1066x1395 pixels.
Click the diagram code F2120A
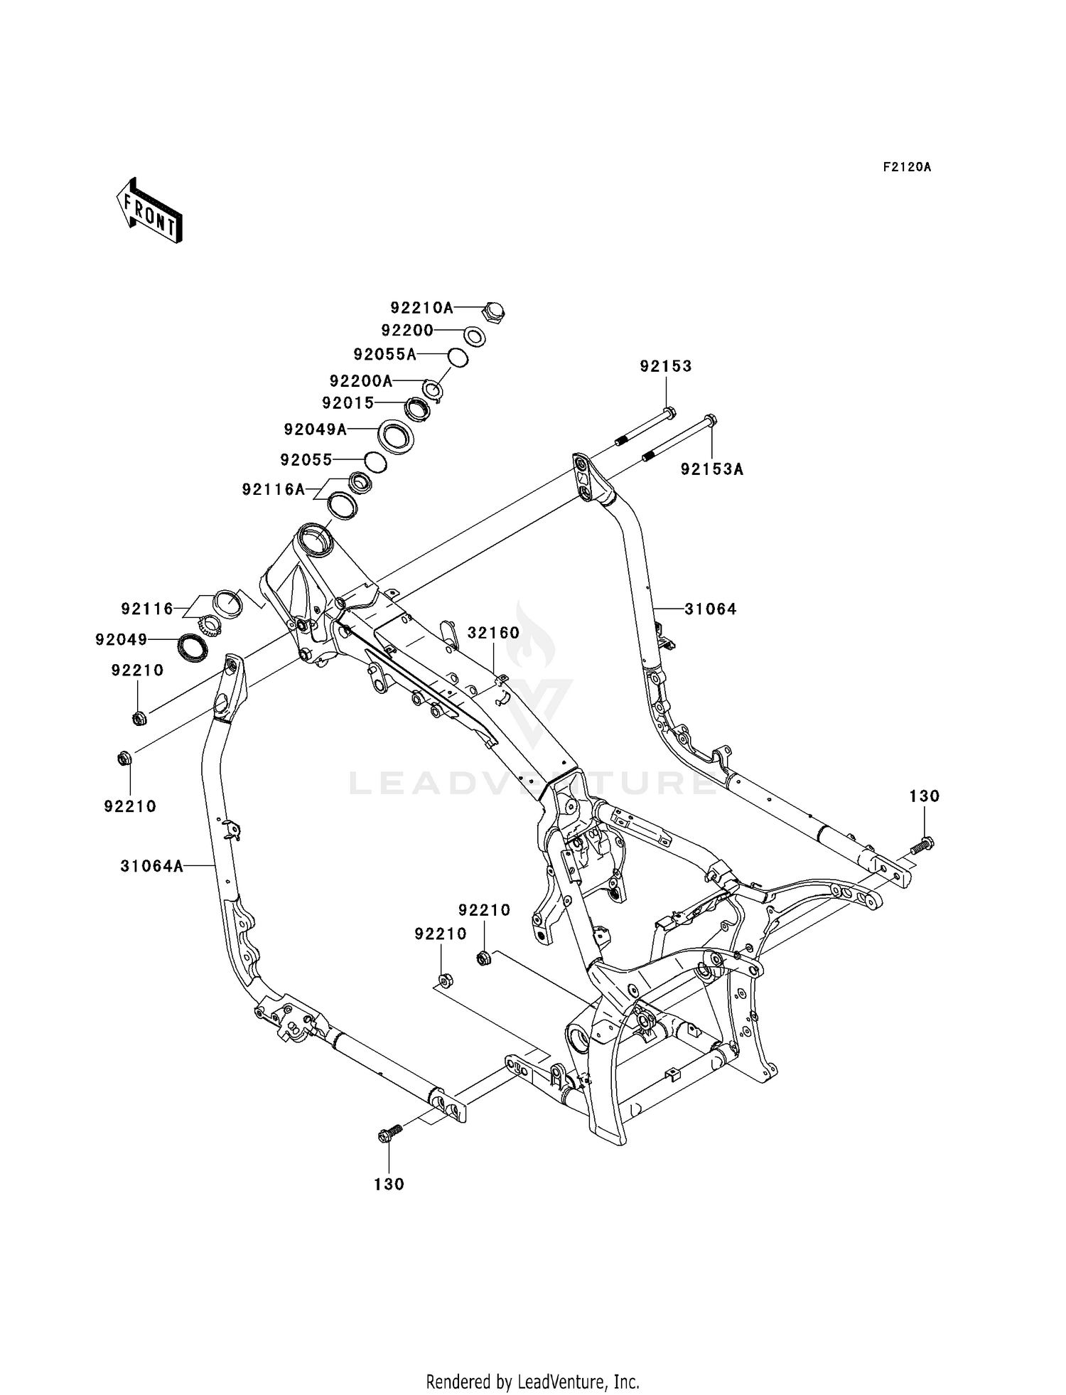click(x=907, y=167)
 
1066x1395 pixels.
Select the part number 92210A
click(x=421, y=308)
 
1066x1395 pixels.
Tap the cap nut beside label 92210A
click(x=492, y=311)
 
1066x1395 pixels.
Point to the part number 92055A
click(x=385, y=354)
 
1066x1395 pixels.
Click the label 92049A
click(x=316, y=429)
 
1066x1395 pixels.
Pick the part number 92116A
click(x=274, y=490)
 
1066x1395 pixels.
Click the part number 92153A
click(x=712, y=469)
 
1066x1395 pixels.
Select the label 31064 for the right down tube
click(x=711, y=609)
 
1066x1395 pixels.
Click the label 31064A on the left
click(x=152, y=866)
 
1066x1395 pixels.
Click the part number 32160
click(x=493, y=632)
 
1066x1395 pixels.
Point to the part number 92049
click(x=122, y=640)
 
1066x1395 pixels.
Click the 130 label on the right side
click(x=925, y=796)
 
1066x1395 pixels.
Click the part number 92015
click(x=348, y=403)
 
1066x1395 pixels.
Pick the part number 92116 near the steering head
click(x=147, y=609)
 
